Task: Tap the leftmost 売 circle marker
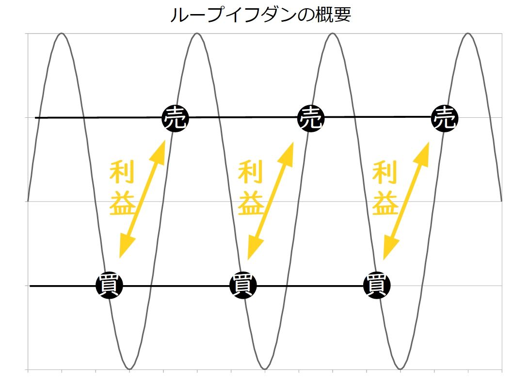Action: point(176,118)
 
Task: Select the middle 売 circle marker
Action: point(310,118)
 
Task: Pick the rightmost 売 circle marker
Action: point(445,118)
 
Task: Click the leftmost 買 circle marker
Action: point(110,286)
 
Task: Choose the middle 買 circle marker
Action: point(243,286)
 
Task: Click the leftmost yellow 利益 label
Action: point(122,188)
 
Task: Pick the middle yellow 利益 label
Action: point(251,188)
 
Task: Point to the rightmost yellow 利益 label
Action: point(385,188)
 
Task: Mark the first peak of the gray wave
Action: point(62,33)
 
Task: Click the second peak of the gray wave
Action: point(197,33)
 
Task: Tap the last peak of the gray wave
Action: point(468,33)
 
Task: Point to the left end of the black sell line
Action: point(36,118)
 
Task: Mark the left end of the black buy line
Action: point(31,286)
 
